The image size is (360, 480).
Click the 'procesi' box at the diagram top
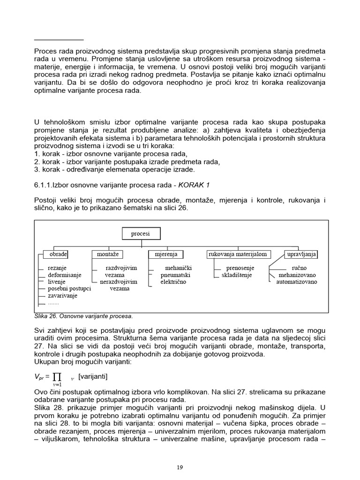click(x=141, y=233)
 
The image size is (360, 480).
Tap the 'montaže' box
click(x=107, y=255)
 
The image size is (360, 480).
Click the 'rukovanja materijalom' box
click(x=238, y=255)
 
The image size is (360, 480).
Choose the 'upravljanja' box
click(x=301, y=255)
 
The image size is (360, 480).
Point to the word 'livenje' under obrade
click(x=57, y=282)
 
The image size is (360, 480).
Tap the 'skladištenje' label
click(x=237, y=275)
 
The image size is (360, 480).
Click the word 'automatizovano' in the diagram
click(x=296, y=282)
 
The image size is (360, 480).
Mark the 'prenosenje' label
click(x=240, y=268)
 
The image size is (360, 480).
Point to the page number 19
click(x=180, y=467)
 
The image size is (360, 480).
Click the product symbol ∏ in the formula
click(x=58, y=376)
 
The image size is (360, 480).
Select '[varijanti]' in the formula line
click(x=93, y=376)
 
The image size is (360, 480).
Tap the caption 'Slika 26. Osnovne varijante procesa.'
click(x=83, y=315)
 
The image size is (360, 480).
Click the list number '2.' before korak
click(x=37, y=162)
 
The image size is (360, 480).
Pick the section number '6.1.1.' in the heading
click(x=43, y=185)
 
